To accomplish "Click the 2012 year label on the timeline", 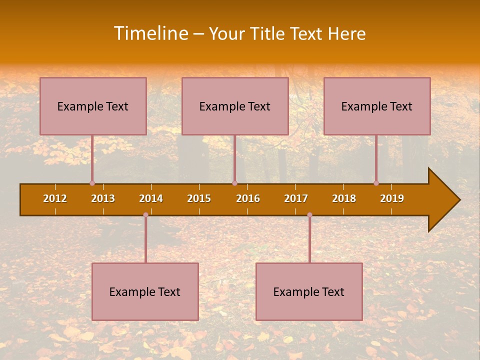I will coord(55,198).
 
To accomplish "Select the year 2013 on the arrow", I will coord(103,198).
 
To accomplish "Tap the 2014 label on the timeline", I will coord(151,198).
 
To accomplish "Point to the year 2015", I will coord(199,198).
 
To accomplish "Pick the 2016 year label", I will coord(248,198).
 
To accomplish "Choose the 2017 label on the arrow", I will coord(296,198).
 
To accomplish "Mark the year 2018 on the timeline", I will coord(344,198).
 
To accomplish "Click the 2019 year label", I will coord(392,198).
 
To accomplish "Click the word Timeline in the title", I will coord(150,33).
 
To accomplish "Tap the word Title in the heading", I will coord(268,34).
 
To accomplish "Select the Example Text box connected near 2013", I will coord(93,106).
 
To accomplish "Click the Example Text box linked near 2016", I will coord(235,106).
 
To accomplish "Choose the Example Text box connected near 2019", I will coord(377,106).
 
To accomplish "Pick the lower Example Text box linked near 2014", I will coord(145,291).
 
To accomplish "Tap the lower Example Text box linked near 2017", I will coord(309,291).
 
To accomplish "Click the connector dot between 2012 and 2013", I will coord(92,183).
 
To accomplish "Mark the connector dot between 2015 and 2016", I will coord(234,183).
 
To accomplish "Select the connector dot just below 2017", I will coord(309,215).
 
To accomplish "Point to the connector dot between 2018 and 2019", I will coord(376,183).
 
